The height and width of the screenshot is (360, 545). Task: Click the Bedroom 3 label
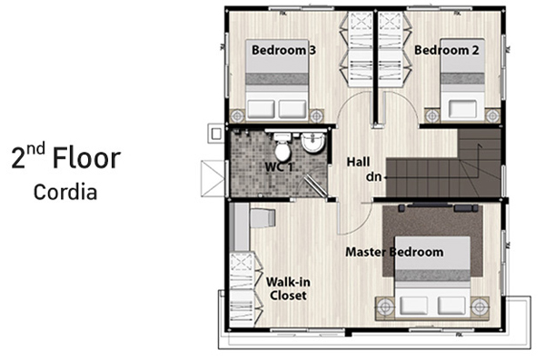(283, 50)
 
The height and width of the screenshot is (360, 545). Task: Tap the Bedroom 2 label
(447, 50)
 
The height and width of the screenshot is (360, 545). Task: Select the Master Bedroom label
(394, 252)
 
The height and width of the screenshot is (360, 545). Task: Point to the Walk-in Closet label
(288, 289)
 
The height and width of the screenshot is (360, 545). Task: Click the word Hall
(359, 162)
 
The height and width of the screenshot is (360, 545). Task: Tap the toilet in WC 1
(282, 146)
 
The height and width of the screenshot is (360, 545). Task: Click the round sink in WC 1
(313, 143)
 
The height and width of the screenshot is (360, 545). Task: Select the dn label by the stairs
(373, 177)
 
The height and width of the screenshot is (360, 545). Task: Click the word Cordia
(65, 192)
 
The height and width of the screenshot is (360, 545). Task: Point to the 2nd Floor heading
(65, 157)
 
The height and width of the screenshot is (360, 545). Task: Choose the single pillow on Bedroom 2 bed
(462, 109)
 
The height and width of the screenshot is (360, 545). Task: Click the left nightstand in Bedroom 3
(238, 115)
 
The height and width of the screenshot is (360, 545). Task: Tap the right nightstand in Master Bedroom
(480, 307)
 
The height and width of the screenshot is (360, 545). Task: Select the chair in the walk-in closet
(263, 218)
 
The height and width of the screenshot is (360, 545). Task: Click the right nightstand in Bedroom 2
(492, 115)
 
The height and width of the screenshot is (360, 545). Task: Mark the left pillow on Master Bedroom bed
(413, 305)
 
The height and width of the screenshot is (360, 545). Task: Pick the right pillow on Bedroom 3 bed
(292, 109)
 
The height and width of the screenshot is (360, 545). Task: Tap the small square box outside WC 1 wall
(216, 134)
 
